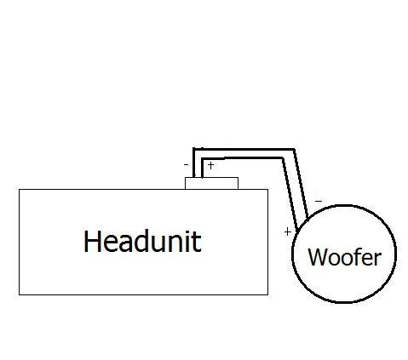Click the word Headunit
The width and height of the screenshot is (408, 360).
pos(142,241)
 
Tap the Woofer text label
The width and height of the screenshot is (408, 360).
pos(344,257)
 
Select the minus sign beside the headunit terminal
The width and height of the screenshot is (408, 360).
pos(187,164)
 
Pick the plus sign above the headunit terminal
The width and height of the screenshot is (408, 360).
pos(210,165)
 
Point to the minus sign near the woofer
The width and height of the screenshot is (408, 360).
pos(319,201)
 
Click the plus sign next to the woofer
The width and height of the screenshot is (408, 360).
pos(288,231)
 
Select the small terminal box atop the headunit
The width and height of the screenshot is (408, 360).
pos(211,183)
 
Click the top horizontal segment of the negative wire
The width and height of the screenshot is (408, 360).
pos(244,149)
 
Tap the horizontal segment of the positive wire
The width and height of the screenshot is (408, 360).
pos(242,158)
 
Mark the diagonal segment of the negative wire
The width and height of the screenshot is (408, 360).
pos(301,183)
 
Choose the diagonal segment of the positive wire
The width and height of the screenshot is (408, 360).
pos(290,194)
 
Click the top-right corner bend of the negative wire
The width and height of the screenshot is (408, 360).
pos(295,149)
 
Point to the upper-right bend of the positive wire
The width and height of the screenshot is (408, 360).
pos(283,158)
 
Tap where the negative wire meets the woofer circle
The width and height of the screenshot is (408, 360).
pos(307,218)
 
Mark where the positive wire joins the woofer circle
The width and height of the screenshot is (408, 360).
pos(297,231)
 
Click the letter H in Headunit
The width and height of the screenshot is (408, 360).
pos(92,241)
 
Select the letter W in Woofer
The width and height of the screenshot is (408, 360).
pos(319,257)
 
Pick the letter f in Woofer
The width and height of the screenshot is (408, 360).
pos(359,256)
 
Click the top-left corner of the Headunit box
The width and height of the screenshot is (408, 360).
pos(19,189)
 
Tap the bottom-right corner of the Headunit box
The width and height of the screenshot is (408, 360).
pos(267,294)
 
